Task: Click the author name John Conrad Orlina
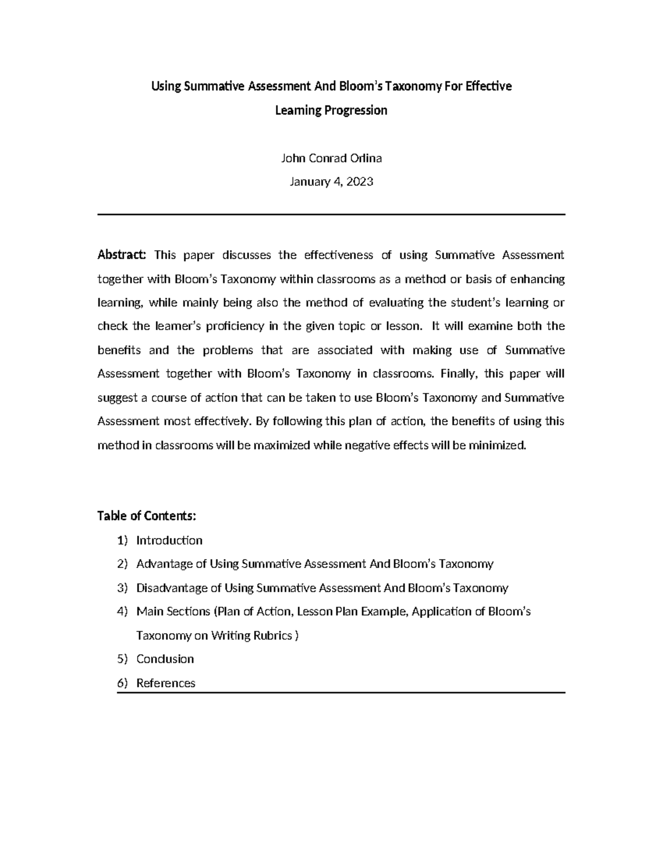point(331,159)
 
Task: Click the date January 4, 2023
point(331,182)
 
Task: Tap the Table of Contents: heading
point(146,516)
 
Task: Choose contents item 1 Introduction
point(169,540)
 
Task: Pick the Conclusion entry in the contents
point(165,659)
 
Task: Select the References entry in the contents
point(166,683)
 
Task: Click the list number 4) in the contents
point(122,612)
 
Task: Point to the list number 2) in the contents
point(122,564)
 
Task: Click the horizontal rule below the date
point(331,214)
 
